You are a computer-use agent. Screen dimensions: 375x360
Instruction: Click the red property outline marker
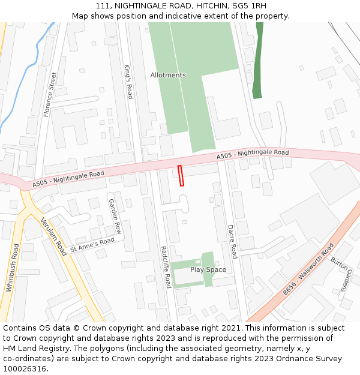click(x=181, y=176)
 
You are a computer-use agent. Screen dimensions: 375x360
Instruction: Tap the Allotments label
click(x=168, y=75)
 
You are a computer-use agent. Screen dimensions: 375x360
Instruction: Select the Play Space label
click(x=208, y=269)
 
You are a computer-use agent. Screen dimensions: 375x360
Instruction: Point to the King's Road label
click(x=128, y=81)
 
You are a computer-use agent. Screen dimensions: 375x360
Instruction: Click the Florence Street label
click(x=50, y=94)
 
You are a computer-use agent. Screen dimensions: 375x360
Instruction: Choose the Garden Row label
click(x=115, y=216)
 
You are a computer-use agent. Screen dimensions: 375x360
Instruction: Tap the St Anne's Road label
click(x=92, y=245)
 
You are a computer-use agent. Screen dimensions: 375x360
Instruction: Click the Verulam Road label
click(x=53, y=237)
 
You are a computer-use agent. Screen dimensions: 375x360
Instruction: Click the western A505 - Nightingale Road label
click(x=68, y=178)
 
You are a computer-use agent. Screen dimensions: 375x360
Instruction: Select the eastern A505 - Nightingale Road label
click(x=253, y=155)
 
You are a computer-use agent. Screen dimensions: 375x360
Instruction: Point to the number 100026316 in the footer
click(x=24, y=369)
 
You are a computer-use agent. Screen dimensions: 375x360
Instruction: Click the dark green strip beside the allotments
click(x=258, y=60)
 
